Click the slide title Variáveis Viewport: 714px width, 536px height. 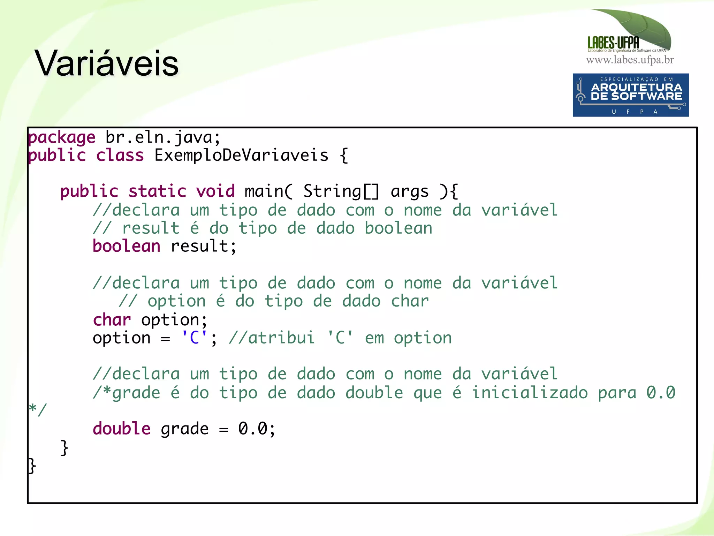[x=107, y=63]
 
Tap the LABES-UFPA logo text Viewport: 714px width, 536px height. [x=613, y=43]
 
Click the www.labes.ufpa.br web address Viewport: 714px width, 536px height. [x=630, y=60]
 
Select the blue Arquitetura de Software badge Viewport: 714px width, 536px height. [x=630, y=95]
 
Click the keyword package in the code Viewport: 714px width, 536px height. [x=62, y=137]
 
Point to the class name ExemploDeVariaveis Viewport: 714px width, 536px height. [x=241, y=155]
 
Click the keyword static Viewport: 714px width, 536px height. [x=157, y=191]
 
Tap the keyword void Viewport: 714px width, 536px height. [x=215, y=191]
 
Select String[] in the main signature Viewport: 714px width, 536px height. [x=341, y=191]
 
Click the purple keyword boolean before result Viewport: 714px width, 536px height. [x=126, y=246]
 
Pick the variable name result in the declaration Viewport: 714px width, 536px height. [x=199, y=246]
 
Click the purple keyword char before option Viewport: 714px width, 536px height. [x=112, y=320]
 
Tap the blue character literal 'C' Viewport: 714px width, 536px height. [x=194, y=338]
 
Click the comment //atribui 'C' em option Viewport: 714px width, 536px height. [x=340, y=338]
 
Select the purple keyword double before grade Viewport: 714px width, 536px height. [x=121, y=429]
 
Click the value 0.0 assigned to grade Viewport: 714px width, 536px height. [x=252, y=429]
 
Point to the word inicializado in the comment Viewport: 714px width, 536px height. [x=530, y=393]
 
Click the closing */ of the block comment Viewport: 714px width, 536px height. [x=38, y=410]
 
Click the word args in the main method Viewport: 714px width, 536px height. [x=409, y=191]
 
